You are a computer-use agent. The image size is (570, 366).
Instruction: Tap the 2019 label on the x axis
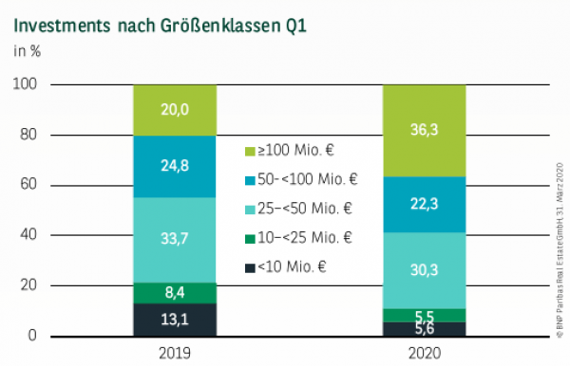click(175, 353)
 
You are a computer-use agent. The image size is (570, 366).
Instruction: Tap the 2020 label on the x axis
click(424, 353)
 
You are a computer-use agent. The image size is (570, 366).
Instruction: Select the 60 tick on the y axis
click(28, 185)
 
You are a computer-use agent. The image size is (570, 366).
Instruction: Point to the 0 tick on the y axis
click(32, 336)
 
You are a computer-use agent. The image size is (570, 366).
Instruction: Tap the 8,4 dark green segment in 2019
click(175, 293)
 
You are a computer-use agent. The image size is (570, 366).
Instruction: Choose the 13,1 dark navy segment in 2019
click(175, 320)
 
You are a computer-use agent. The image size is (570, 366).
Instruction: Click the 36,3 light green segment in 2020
click(424, 131)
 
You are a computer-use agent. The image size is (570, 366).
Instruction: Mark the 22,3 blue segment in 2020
click(424, 204)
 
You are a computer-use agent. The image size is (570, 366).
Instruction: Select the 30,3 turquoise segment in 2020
click(424, 270)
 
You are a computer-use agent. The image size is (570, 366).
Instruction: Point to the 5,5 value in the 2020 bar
click(424, 315)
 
